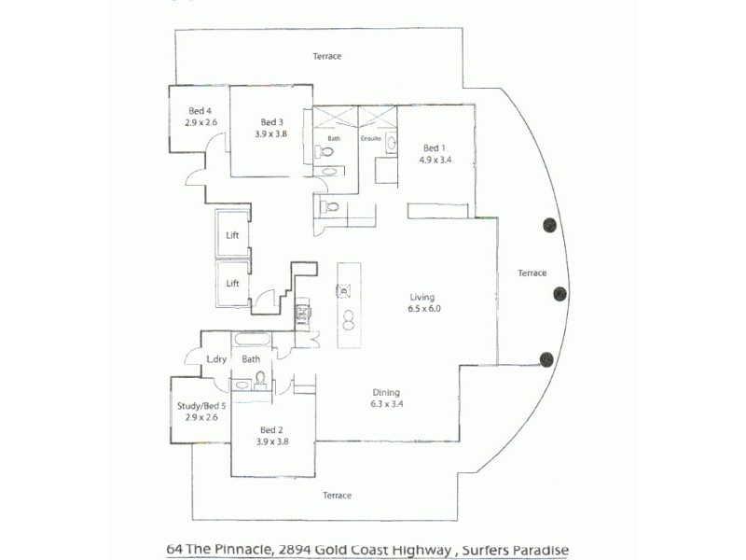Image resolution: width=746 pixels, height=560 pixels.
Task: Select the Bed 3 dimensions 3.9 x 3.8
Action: (270, 133)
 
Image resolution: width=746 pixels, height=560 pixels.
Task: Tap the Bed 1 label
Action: (435, 147)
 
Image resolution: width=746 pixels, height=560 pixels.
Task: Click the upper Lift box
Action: (233, 235)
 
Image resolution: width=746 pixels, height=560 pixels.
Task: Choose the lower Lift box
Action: (233, 283)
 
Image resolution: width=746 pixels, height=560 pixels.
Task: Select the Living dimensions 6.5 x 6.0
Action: (423, 309)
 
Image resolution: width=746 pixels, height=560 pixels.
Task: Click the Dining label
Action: (386, 393)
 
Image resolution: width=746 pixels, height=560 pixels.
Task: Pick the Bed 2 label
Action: (270, 430)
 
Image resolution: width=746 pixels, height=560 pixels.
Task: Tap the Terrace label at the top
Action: (326, 56)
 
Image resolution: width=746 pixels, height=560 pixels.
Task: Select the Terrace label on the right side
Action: (532, 273)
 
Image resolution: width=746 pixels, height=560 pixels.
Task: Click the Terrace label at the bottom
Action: (337, 495)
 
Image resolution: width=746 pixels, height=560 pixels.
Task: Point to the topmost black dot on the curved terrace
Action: (550, 224)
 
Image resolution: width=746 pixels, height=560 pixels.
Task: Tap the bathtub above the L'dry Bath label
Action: (252, 340)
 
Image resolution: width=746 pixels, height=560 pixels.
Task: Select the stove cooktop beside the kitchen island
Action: (303, 314)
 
